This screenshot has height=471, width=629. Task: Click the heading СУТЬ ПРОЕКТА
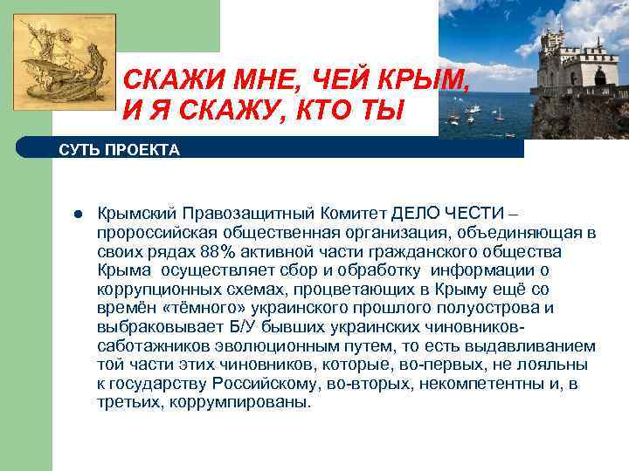120,149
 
